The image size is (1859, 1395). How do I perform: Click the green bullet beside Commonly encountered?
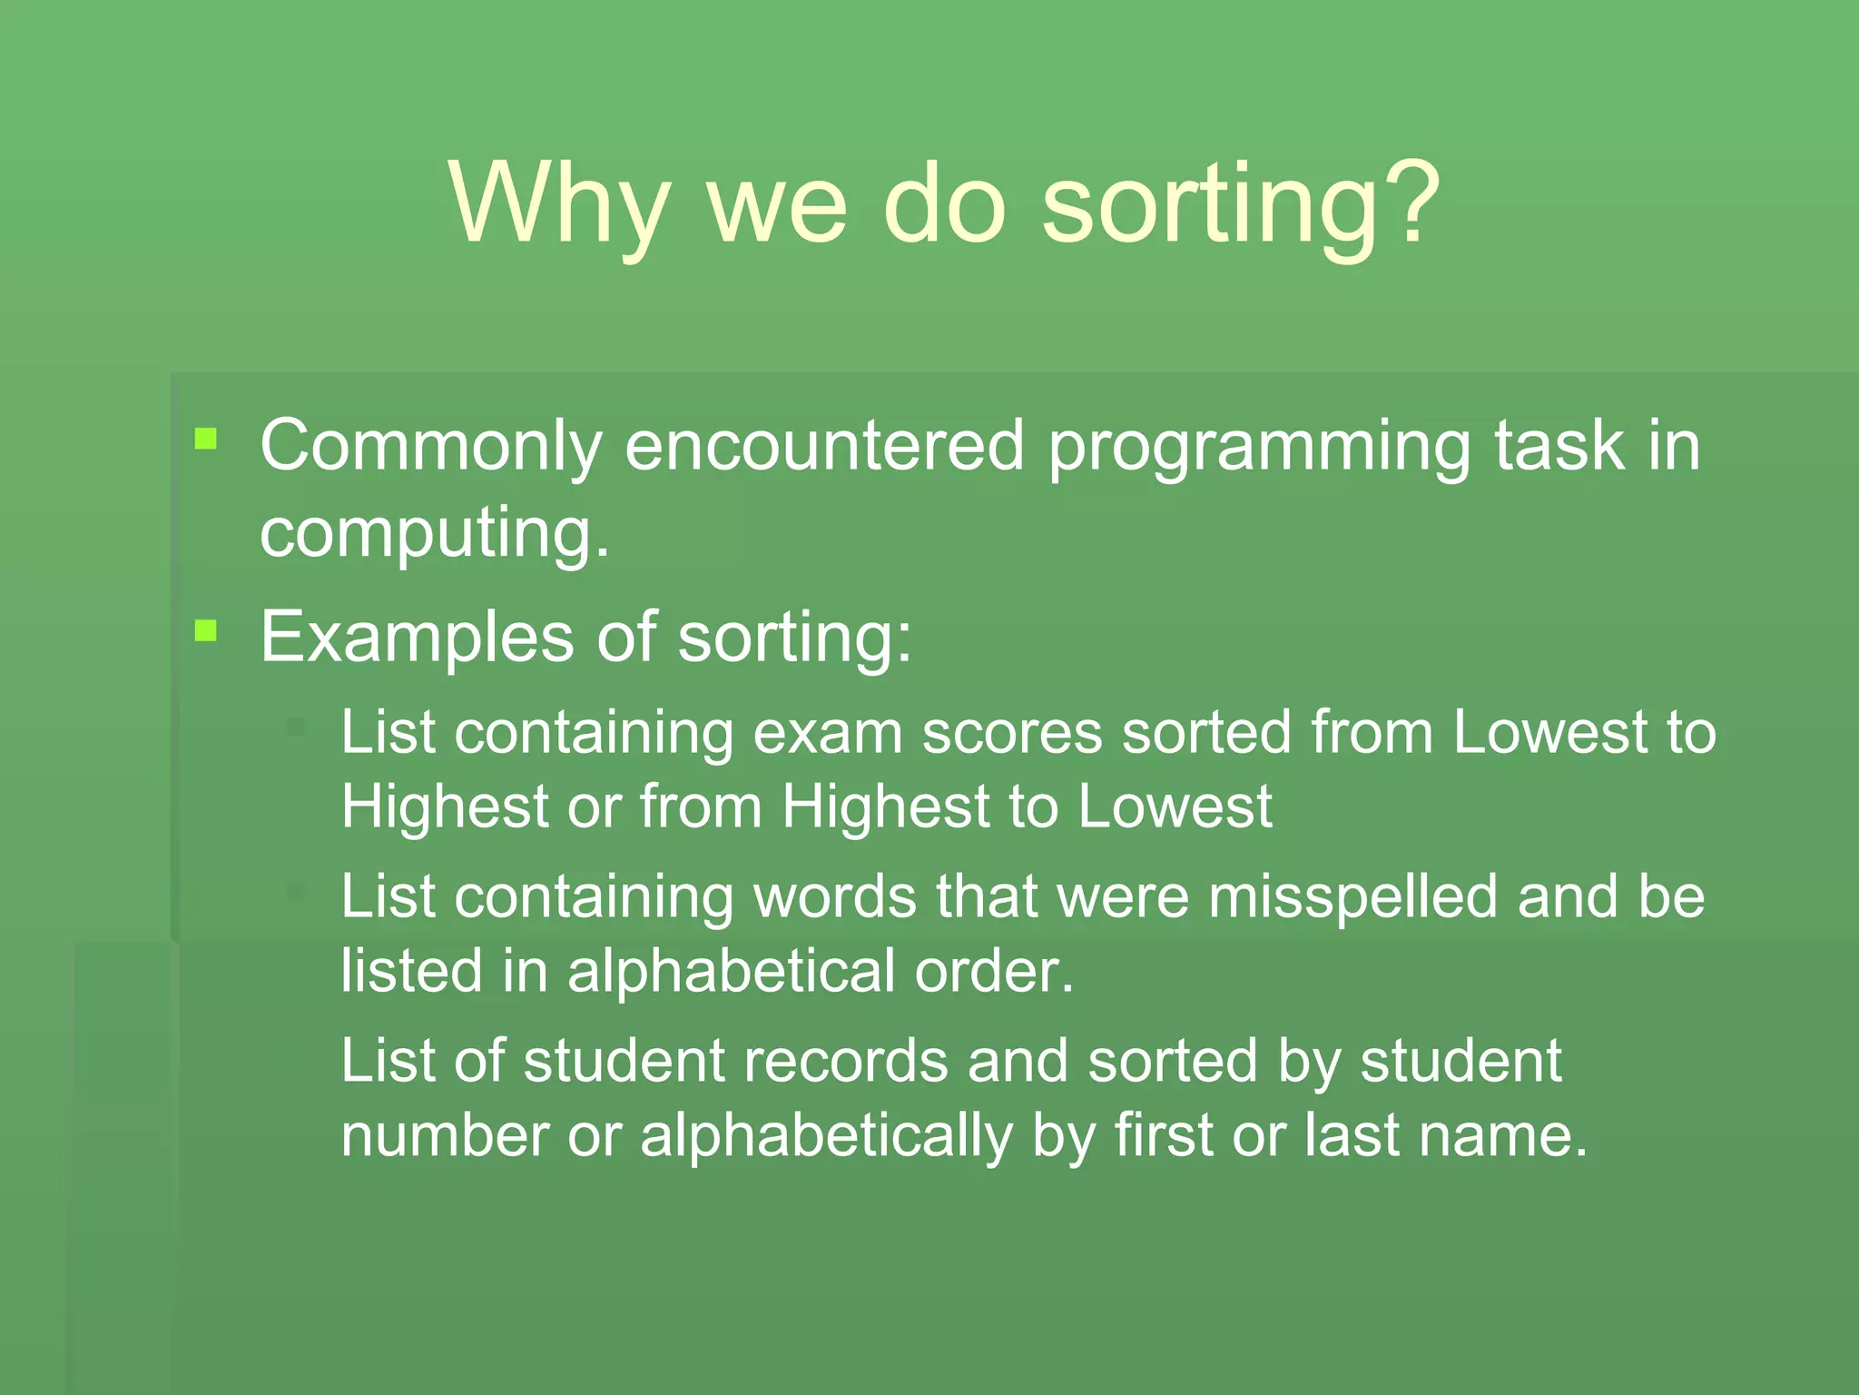click(x=206, y=440)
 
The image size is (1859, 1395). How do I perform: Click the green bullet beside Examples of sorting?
click(x=206, y=630)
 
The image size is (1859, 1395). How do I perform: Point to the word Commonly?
click(x=431, y=447)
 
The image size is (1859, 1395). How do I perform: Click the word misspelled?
click(x=1352, y=897)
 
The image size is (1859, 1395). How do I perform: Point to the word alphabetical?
click(x=731, y=972)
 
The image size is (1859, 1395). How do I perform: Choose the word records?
click(x=845, y=1062)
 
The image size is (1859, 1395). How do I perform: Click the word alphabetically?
click(x=826, y=1137)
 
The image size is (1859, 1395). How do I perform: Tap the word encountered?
click(x=825, y=447)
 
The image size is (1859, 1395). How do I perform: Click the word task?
click(x=1559, y=447)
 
